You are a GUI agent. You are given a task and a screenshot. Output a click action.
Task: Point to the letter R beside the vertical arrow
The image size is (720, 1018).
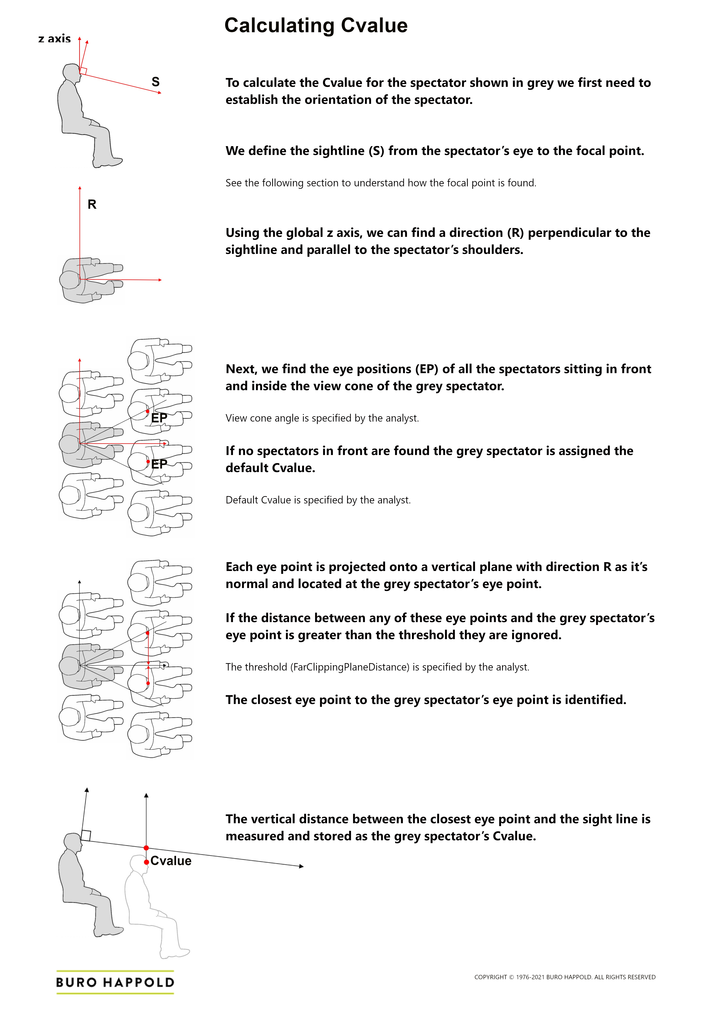(x=92, y=204)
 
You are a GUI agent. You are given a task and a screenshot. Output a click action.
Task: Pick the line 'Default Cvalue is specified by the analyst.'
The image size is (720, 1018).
(x=318, y=500)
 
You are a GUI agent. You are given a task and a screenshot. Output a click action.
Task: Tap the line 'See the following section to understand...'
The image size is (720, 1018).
(x=380, y=183)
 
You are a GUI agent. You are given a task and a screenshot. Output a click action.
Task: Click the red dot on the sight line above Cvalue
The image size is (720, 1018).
(x=146, y=848)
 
